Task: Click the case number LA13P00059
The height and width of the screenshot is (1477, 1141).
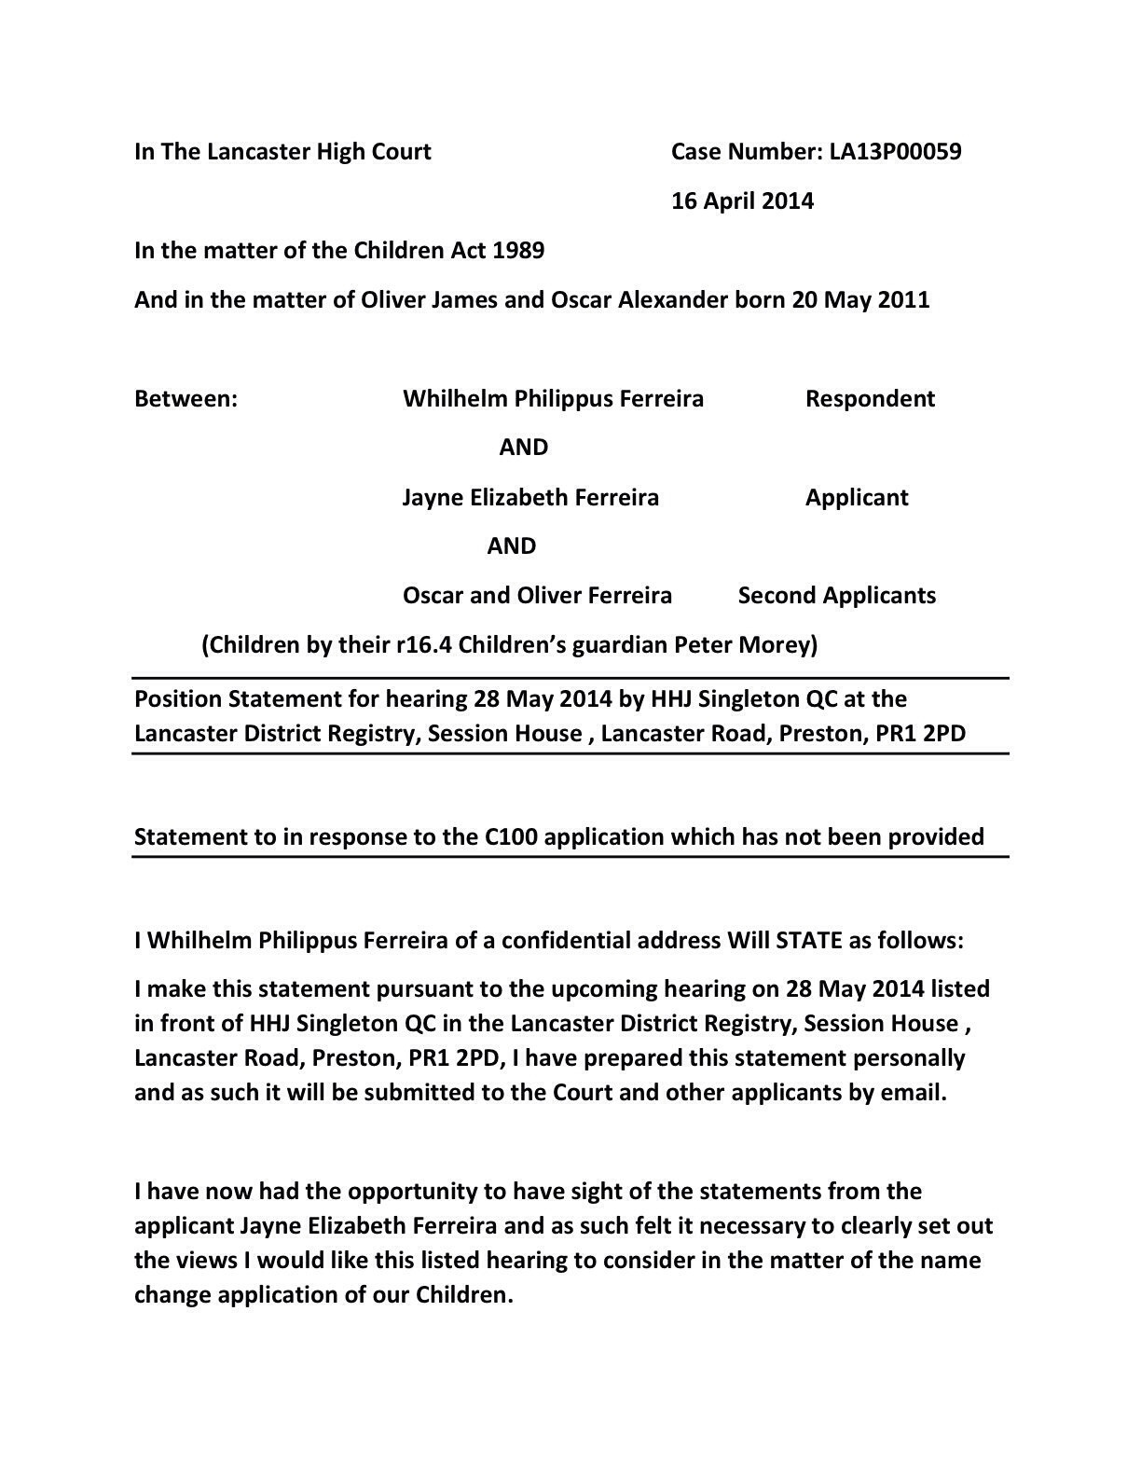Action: coord(895,152)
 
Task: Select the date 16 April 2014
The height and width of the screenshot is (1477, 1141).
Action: coord(742,201)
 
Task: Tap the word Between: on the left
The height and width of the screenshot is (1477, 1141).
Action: coord(186,399)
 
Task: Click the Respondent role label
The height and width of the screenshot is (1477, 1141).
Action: coord(870,399)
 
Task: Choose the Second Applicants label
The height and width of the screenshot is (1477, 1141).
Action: coord(836,596)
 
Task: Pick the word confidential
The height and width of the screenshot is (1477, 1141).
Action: coord(564,941)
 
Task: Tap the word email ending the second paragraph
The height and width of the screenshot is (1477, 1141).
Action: coord(913,1093)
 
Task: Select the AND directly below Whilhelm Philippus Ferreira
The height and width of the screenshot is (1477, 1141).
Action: coord(523,448)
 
